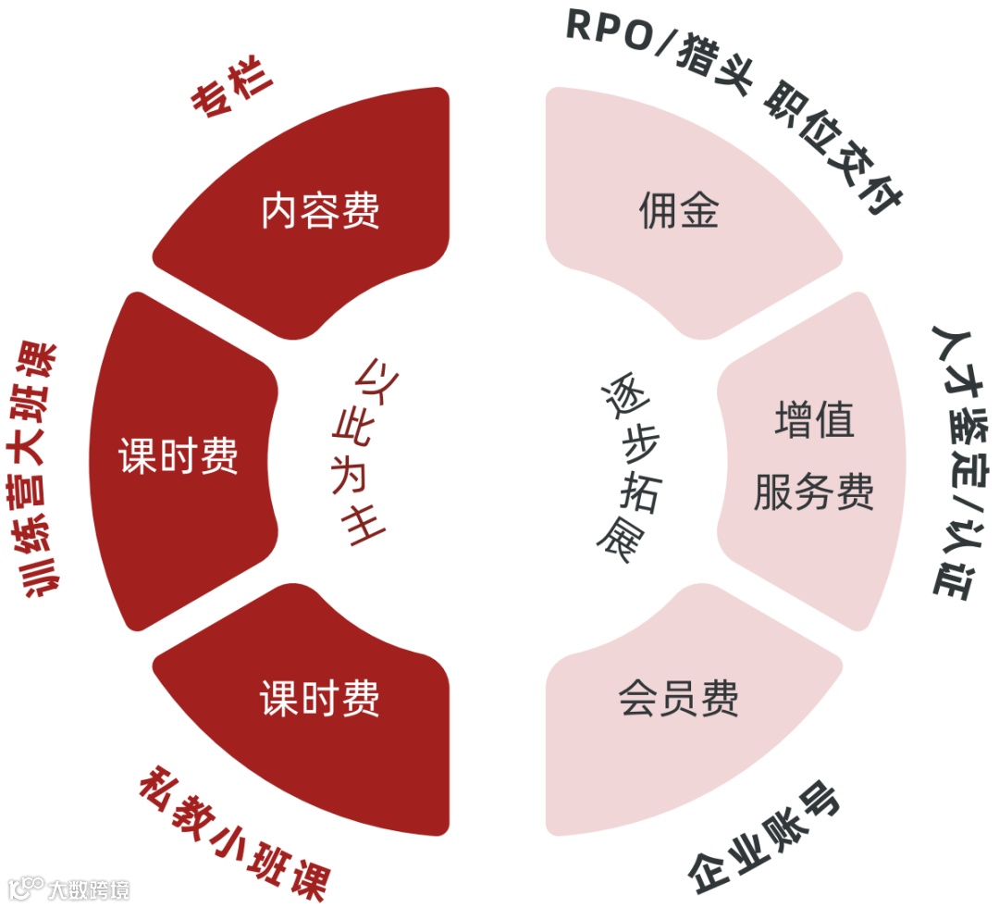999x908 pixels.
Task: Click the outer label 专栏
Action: [x=233, y=89]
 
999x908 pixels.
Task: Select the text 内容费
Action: [x=320, y=211]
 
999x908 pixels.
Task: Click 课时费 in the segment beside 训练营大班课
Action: [x=179, y=455]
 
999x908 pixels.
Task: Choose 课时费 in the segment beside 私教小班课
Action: [x=320, y=699]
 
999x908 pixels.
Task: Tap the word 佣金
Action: [x=678, y=212]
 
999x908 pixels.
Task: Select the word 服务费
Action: [x=814, y=492]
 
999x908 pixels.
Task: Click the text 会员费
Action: [x=678, y=699]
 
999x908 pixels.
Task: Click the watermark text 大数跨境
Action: [x=89, y=889]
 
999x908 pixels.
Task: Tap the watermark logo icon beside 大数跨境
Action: [x=25, y=889]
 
